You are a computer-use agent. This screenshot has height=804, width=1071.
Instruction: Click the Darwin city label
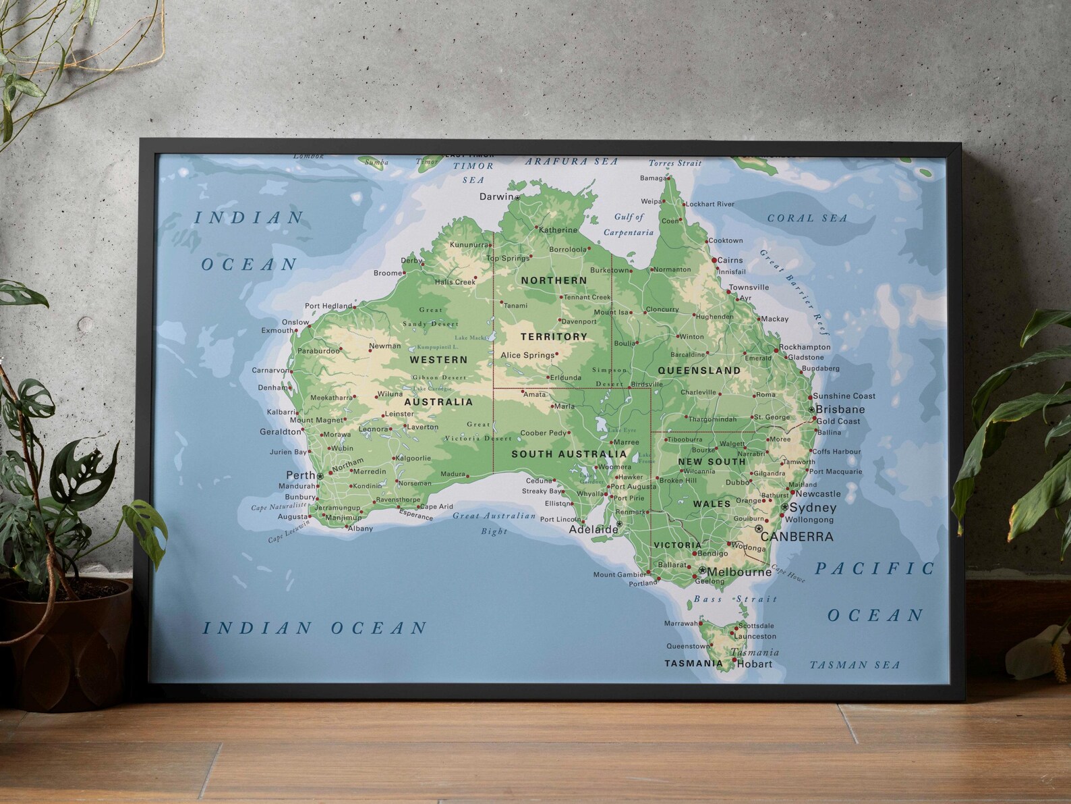(x=496, y=197)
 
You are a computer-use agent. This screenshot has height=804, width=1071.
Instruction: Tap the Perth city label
(x=301, y=475)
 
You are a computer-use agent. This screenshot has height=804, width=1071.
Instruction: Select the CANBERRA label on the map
(x=797, y=537)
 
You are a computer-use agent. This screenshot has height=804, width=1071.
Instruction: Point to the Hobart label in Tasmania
(x=754, y=664)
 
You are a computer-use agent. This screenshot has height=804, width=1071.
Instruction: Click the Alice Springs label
(x=527, y=355)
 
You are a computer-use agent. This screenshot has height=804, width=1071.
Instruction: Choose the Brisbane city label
(x=840, y=409)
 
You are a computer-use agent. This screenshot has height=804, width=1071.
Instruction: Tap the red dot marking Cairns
(x=714, y=260)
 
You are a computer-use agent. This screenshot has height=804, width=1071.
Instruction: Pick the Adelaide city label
(x=593, y=529)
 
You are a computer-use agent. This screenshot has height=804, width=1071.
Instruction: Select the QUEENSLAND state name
(x=699, y=371)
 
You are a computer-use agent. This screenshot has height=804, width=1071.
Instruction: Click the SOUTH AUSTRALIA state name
(x=569, y=454)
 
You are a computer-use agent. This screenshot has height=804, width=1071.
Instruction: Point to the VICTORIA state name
(x=677, y=545)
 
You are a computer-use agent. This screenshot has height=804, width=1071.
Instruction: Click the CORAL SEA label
(x=807, y=218)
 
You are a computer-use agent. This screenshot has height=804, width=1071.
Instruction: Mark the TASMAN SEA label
(x=854, y=665)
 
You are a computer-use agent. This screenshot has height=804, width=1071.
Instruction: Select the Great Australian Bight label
(x=494, y=523)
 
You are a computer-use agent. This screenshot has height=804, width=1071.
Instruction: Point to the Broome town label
(x=388, y=273)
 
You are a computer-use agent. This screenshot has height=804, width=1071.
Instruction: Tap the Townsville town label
(x=748, y=287)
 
